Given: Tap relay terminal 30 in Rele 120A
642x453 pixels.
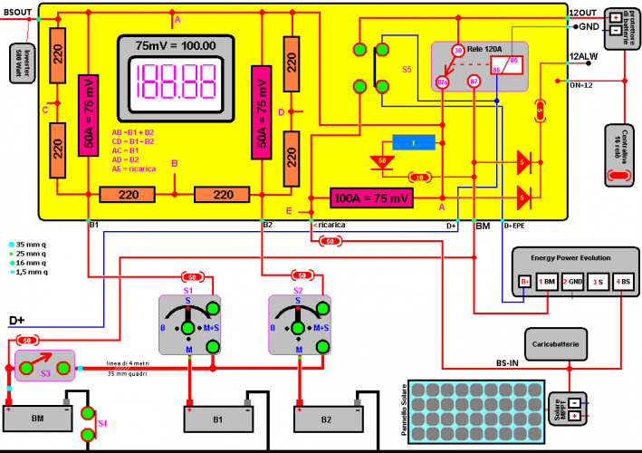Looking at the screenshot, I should pos(457,51).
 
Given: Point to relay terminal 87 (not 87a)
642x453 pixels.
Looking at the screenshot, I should pos(474,82).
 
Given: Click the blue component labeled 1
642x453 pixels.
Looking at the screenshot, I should pos(414,143).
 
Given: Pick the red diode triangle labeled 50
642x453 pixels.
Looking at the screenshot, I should pos(384,161).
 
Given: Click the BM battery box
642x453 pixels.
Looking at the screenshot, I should pos(37,418).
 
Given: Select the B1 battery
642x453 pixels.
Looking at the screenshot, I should pos(216,418).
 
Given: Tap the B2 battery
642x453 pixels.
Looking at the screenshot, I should pos(325,418).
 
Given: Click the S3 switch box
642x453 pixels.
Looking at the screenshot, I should pos(45,366).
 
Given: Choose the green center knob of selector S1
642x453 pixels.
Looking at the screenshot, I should pos(187,326).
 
